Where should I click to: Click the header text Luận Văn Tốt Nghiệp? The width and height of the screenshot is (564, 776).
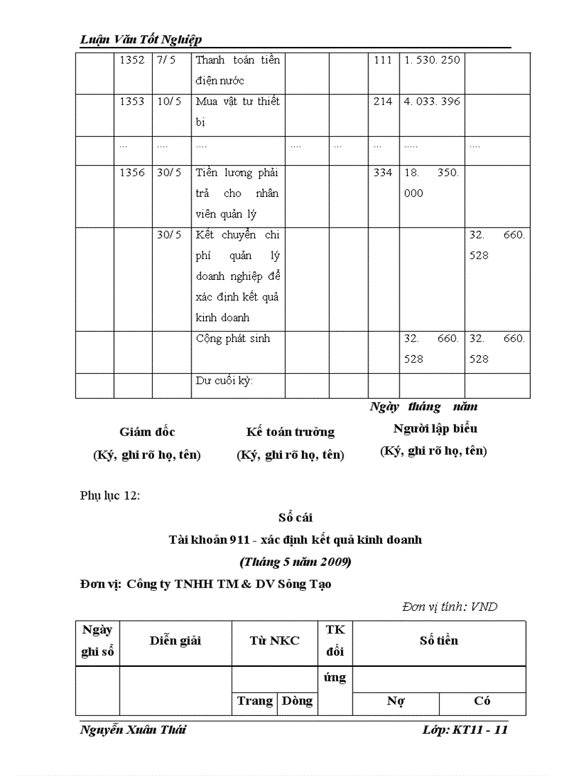point(141,39)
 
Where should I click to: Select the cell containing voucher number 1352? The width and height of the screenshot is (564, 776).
point(132,60)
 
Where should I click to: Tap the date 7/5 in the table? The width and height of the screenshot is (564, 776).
point(166,60)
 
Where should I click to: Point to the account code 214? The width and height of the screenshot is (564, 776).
point(382,102)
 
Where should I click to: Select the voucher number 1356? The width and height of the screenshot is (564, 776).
point(132,173)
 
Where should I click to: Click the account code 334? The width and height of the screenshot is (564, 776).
point(382,173)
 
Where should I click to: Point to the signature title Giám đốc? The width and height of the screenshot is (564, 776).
point(147,432)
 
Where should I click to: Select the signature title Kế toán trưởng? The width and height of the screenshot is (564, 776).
point(290,432)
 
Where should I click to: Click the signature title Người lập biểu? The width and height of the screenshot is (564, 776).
point(435,428)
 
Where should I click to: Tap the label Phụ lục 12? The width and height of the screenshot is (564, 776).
point(110,495)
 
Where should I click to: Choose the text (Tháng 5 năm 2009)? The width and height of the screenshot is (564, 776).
point(295,562)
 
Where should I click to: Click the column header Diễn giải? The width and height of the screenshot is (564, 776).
point(175,641)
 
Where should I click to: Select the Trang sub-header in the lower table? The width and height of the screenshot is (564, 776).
point(254,701)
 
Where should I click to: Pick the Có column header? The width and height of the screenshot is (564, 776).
point(482,701)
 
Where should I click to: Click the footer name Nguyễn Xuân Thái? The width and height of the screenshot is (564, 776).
point(133,730)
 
